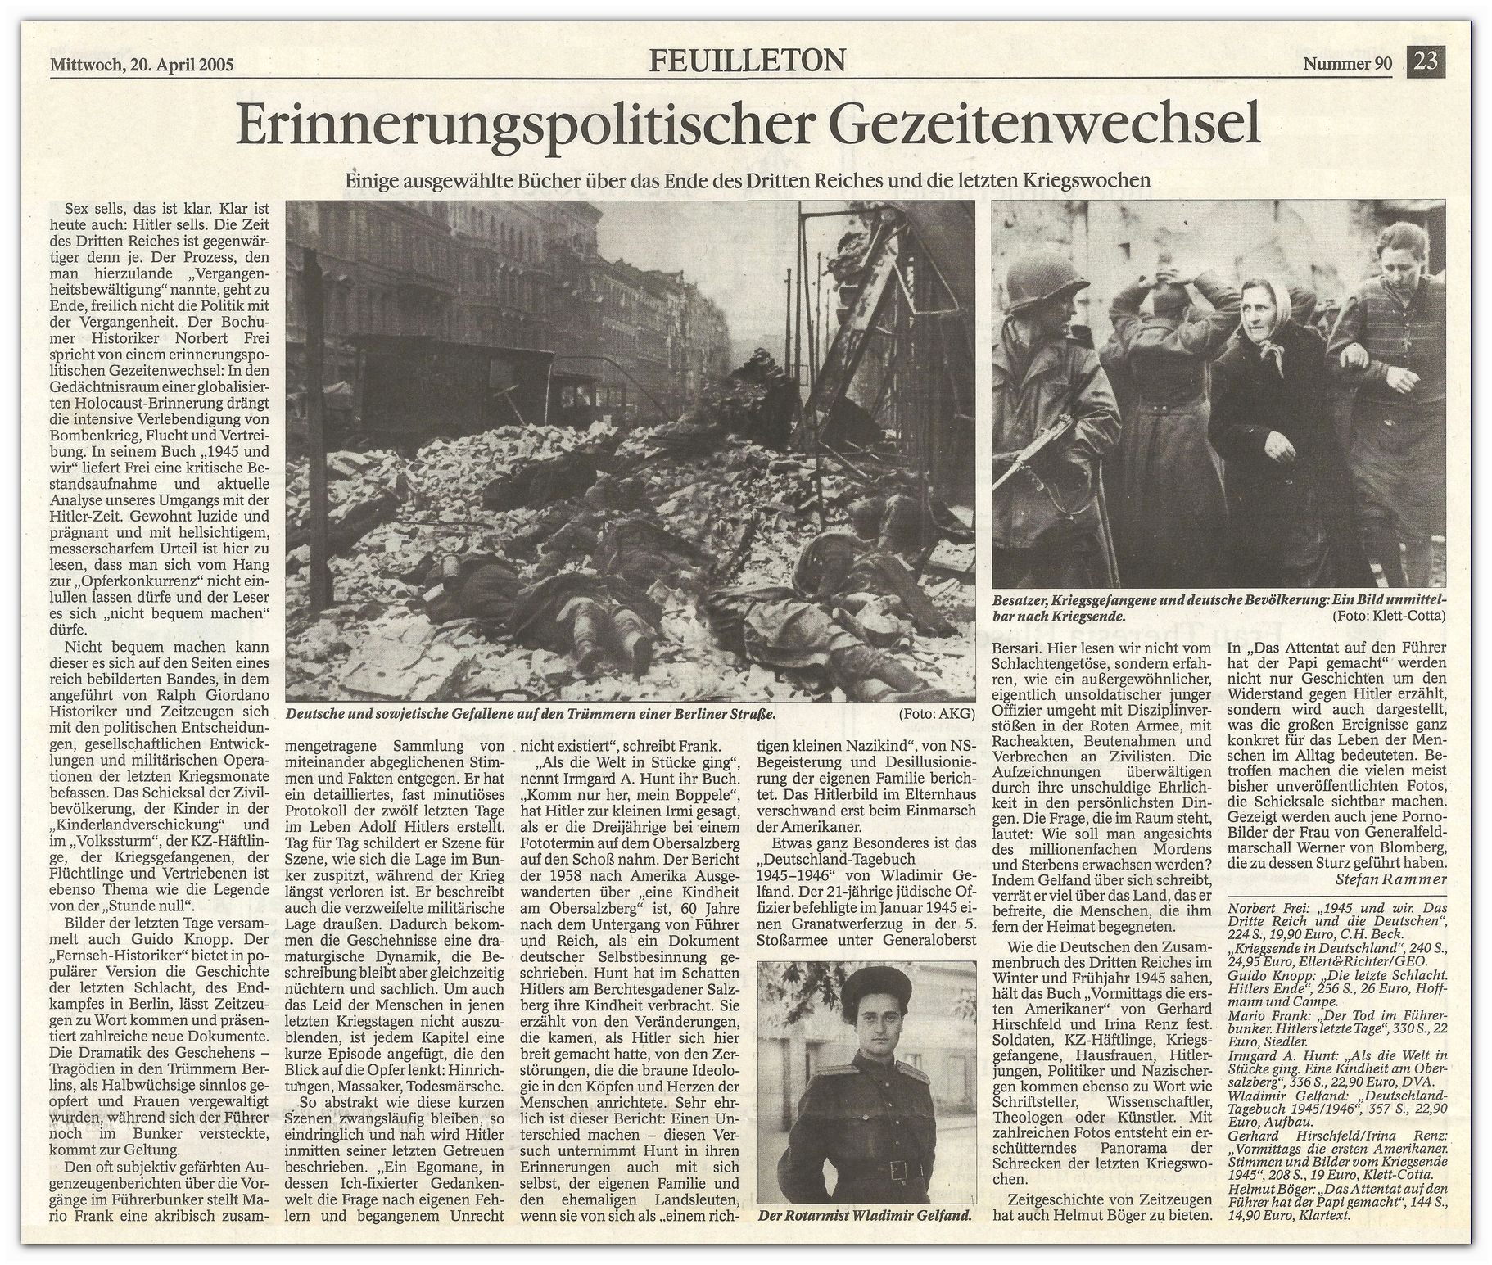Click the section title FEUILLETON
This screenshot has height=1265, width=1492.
[747, 60]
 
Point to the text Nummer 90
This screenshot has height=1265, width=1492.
[1347, 65]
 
